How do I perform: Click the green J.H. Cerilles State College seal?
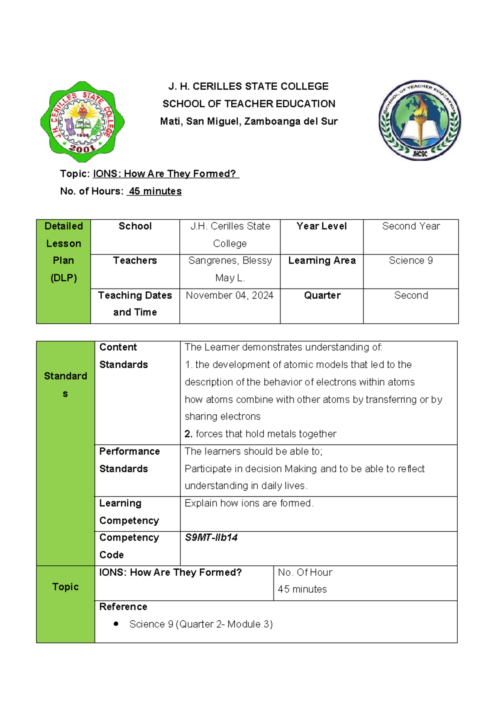point(82,121)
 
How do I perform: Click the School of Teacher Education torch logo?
point(420,120)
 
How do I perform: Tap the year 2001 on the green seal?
point(82,148)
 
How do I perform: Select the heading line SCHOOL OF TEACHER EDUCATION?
point(249,104)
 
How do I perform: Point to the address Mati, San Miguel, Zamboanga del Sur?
point(249,121)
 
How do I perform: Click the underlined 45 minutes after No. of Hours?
point(154,191)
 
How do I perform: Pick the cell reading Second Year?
point(411,226)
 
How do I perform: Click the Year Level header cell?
point(322,226)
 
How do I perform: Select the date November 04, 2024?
point(229,295)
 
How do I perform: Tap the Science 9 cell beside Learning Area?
point(411,260)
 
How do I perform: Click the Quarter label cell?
point(322,295)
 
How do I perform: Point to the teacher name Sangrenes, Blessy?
point(230,260)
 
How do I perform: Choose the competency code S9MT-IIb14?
point(211,538)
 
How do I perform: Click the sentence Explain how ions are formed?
point(249,503)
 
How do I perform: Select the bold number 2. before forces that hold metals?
point(188,434)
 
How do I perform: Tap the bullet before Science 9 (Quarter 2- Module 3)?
point(116,623)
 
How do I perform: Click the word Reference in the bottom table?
point(123,606)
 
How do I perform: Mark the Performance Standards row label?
point(129,460)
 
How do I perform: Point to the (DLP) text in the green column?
point(63,278)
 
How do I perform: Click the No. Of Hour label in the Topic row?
point(305,572)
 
